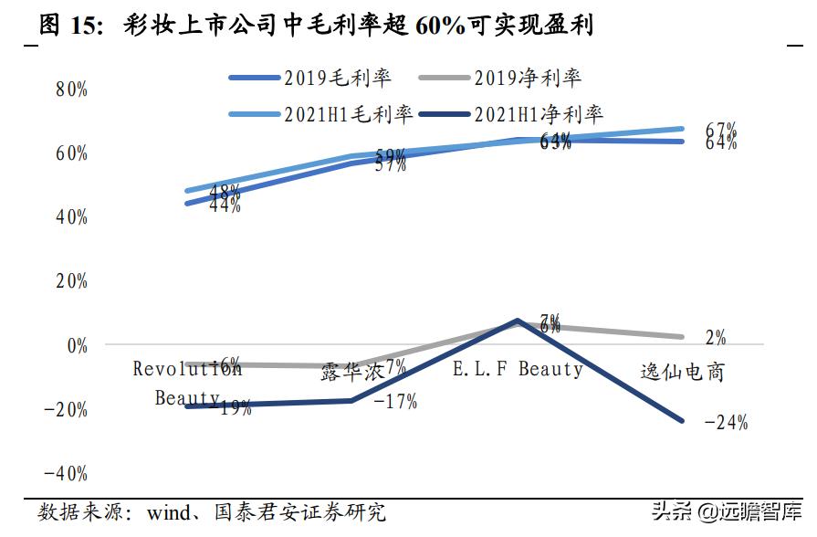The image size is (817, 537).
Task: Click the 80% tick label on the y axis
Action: [x=71, y=89]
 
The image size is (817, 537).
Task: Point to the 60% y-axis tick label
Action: [x=71, y=153]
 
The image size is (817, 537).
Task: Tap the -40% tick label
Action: [x=67, y=474]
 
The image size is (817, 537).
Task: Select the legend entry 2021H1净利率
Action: [x=539, y=114]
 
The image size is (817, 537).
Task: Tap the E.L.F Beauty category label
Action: [x=518, y=369]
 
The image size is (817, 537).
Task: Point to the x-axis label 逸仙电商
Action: [x=683, y=372]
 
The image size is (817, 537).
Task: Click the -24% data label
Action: [x=727, y=422]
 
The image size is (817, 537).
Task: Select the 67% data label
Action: [x=721, y=129]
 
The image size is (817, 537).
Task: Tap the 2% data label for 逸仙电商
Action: [x=716, y=338]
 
